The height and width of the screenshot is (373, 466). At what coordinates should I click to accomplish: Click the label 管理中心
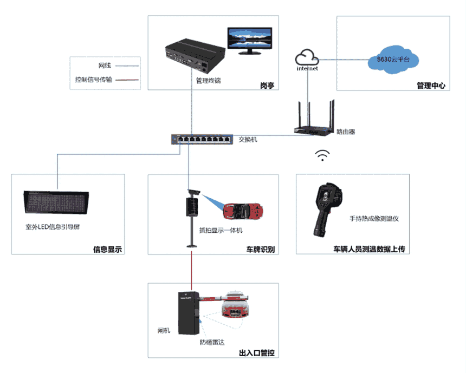pyautogui.click(x=431, y=85)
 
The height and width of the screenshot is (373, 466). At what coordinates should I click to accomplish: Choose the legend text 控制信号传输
pyautogui.click(x=95, y=80)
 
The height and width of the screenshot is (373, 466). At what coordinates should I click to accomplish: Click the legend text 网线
pyautogui.click(x=105, y=66)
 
